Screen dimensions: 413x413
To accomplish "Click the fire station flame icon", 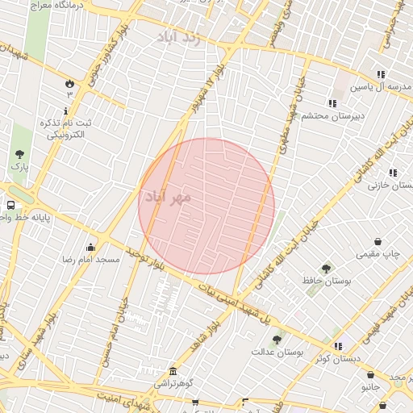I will pyautogui.click(x=69, y=82).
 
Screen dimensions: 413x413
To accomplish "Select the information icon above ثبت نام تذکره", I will pyautogui.click(x=66, y=110).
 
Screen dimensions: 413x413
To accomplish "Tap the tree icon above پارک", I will pyautogui.click(x=19, y=154).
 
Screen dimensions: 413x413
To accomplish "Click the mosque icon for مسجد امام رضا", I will pyautogui.click(x=91, y=247).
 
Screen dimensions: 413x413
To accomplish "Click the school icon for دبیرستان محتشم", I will pyautogui.click(x=332, y=103).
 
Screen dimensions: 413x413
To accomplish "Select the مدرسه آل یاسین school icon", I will pyautogui.click(x=380, y=74).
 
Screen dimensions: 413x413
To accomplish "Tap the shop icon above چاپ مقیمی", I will pyautogui.click(x=378, y=241).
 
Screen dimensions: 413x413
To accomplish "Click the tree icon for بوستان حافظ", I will pyautogui.click(x=326, y=268).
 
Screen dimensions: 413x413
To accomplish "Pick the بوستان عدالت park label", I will pyautogui.click(x=277, y=352).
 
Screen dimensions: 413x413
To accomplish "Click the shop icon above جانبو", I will pyautogui.click(x=370, y=375).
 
